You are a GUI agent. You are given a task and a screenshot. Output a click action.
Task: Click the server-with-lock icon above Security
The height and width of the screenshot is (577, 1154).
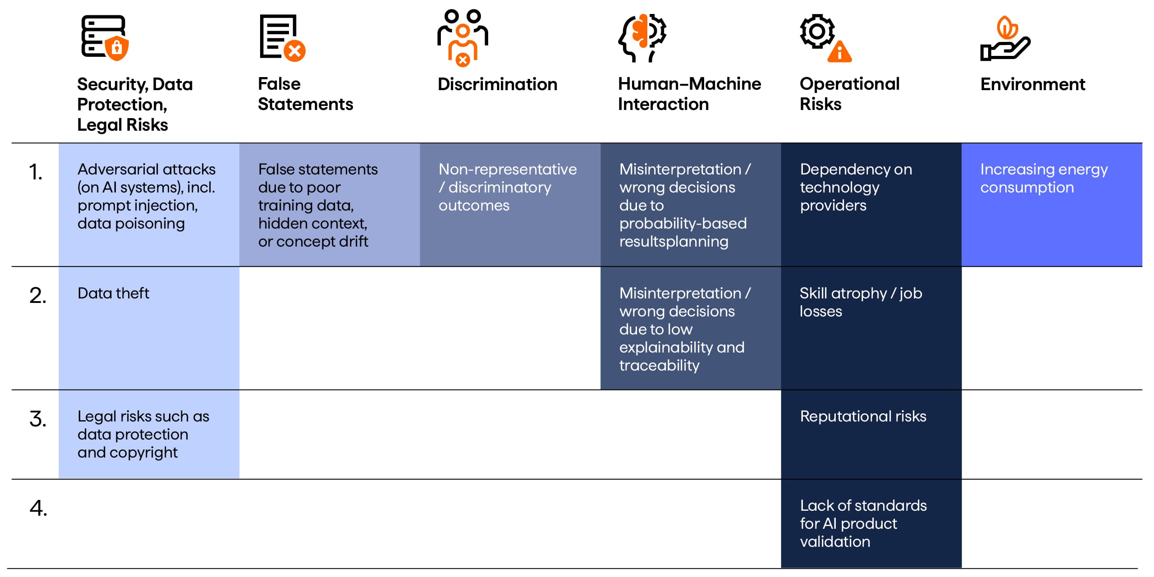105,38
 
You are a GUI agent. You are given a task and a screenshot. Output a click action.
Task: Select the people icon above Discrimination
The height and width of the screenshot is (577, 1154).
463,38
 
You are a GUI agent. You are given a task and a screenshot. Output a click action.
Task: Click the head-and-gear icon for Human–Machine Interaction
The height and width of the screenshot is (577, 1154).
642,38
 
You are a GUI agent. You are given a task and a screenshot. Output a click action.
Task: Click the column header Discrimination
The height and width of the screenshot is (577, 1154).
497,84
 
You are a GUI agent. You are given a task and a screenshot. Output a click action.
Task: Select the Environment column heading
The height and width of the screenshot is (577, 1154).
1032,84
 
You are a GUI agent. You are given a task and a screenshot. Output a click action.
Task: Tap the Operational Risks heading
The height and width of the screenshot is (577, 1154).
849,94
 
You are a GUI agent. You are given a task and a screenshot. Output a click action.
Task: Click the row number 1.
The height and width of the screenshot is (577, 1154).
36,172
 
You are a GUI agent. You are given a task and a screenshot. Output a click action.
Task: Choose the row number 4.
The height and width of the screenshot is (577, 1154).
38,508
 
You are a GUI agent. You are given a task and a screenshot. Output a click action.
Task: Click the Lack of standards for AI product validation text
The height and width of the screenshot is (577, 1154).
863,523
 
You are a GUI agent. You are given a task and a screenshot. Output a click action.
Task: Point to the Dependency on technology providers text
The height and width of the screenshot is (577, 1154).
856,187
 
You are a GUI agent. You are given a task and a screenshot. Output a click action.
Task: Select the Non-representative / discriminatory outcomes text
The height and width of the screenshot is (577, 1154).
508,187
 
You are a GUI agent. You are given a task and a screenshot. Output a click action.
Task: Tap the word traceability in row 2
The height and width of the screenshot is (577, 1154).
659,366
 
